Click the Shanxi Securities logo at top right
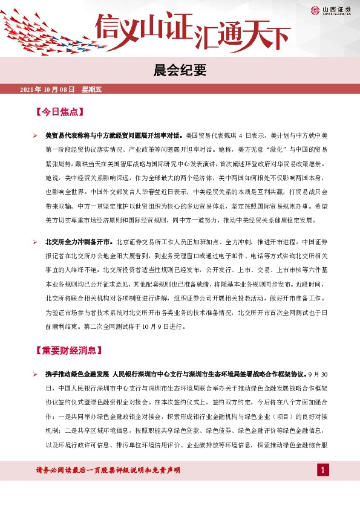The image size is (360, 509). point(332,9)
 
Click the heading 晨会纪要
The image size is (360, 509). point(180,71)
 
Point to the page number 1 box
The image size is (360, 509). point(324,470)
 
